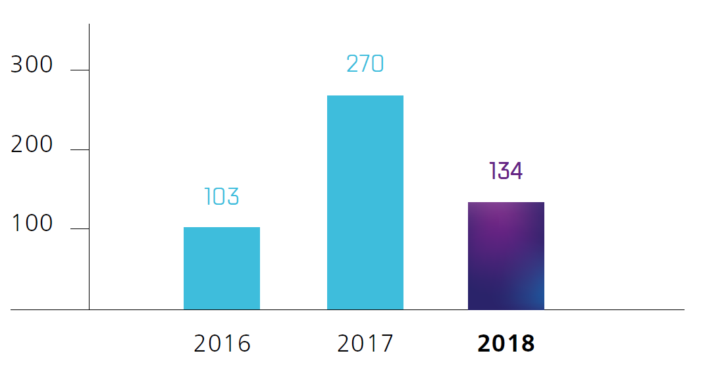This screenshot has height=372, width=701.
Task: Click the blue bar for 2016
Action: pos(221,268)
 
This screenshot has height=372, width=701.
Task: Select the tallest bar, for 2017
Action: pos(365,202)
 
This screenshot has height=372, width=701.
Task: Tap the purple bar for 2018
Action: pos(506,255)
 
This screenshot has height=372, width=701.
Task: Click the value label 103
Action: pos(221,197)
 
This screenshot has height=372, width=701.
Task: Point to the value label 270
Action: pos(365,64)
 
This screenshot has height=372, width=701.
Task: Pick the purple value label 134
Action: pos(506,171)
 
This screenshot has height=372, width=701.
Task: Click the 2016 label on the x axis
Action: pos(222,344)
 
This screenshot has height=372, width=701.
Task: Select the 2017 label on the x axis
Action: pos(365,344)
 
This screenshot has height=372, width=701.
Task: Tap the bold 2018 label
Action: pos(506,344)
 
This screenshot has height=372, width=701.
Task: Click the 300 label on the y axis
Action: pos(32,65)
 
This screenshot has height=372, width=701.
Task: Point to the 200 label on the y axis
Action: pos(32,145)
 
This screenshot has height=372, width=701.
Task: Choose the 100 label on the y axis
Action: pos(32,224)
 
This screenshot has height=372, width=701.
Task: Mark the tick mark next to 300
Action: pos(79,70)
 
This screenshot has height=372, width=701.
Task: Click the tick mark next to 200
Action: pos(79,150)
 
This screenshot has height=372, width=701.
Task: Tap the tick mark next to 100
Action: pos(79,229)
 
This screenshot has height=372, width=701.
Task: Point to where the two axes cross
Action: pos(89,309)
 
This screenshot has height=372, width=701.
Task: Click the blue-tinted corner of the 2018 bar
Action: pos(536,302)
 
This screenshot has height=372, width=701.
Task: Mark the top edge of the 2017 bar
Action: pos(365,96)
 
